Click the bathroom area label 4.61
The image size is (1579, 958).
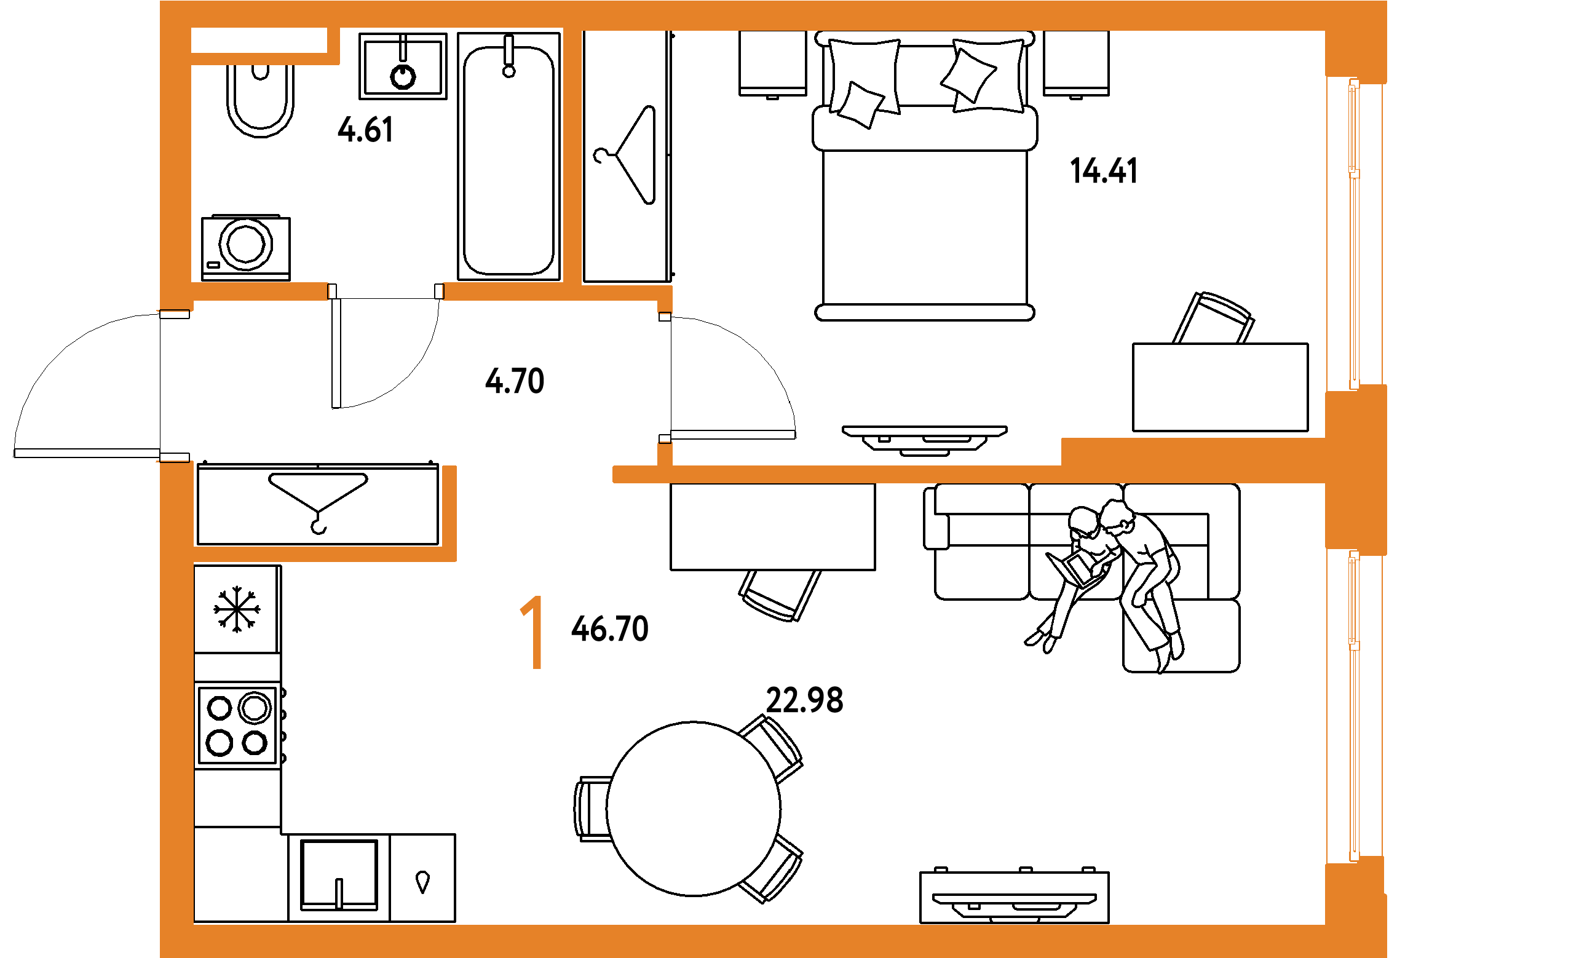click(x=365, y=130)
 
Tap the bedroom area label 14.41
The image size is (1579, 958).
click(x=1104, y=171)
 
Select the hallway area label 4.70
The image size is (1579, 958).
click(x=515, y=381)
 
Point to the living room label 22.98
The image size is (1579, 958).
click(x=804, y=700)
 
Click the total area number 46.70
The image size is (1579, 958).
click(x=609, y=628)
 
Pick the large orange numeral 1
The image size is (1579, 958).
click(x=532, y=632)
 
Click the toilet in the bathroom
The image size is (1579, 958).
click(x=260, y=101)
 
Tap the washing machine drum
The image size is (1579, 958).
click(x=245, y=244)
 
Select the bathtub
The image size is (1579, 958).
click(x=509, y=156)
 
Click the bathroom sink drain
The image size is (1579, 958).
click(x=403, y=77)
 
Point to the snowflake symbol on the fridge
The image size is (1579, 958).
click(x=237, y=609)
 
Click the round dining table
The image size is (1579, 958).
click(x=694, y=809)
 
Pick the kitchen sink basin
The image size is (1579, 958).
click(x=339, y=875)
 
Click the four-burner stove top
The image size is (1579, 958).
click(x=238, y=726)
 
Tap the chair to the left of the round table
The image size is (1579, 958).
click(x=592, y=809)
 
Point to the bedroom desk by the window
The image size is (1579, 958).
click(x=1220, y=387)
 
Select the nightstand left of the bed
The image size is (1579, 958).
click(x=772, y=64)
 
